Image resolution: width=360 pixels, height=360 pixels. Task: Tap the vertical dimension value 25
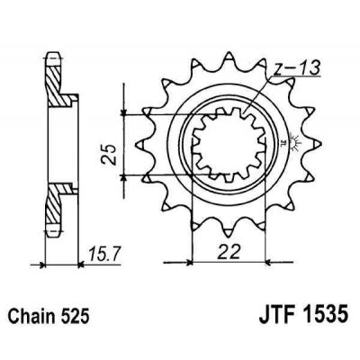pos(106,146)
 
